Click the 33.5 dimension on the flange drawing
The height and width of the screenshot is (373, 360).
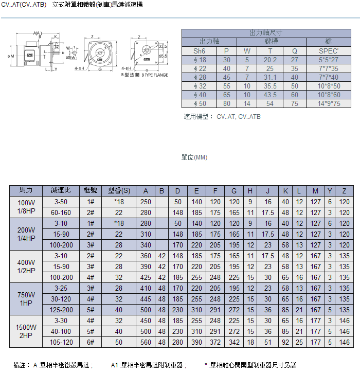163,46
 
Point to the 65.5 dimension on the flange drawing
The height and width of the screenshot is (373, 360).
163,56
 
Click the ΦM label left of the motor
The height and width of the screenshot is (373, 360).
10,56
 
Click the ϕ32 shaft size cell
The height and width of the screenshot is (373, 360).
199,86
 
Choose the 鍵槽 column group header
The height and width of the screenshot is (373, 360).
270,42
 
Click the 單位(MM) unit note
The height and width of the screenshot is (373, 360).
194,157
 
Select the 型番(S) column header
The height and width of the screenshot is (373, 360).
119,191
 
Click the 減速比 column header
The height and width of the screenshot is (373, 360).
61,191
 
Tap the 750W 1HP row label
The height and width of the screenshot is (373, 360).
26,299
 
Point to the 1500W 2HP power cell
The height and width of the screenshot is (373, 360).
26,331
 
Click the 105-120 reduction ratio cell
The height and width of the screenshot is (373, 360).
61,342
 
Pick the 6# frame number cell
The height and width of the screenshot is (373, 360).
91,342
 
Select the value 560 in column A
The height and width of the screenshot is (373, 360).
146,342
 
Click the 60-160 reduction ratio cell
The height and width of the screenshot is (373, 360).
61,212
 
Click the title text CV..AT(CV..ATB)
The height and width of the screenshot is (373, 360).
24,5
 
